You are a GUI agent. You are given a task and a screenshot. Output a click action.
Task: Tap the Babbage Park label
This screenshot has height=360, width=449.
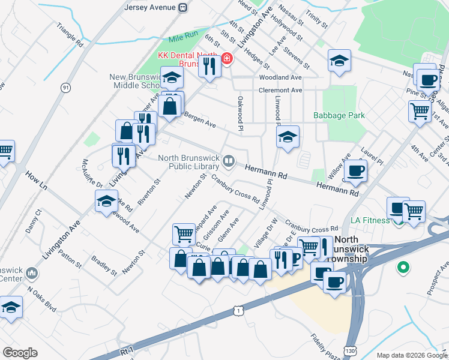(x=340, y=115)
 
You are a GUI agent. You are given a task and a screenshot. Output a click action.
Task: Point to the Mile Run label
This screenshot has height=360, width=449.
(x=183, y=37)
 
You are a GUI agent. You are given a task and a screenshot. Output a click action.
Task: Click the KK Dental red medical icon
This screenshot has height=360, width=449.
(x=227, y=58)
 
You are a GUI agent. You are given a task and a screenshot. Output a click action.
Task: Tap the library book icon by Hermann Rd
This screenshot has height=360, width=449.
(x=229, y=160)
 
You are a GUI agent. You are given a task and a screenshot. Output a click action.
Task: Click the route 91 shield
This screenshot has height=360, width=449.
(x=65, y=88)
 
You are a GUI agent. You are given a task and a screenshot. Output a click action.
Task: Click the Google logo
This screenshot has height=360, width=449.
(x=20, y=352)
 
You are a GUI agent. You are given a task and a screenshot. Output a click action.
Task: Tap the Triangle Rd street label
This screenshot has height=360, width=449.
(x=70, y=37)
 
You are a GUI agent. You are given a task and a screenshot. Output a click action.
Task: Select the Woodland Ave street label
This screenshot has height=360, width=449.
(x=280, y=78)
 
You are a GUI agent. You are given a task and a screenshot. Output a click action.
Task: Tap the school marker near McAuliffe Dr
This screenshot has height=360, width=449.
(x=106, y=201)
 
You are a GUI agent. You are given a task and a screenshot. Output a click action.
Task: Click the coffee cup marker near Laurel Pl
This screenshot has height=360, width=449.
(x=355, y=171)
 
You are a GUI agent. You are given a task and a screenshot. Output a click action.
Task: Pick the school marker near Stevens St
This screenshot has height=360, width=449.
(x=339, y=61)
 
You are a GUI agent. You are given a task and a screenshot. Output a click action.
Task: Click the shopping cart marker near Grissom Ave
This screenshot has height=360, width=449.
(x=184, y=234)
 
